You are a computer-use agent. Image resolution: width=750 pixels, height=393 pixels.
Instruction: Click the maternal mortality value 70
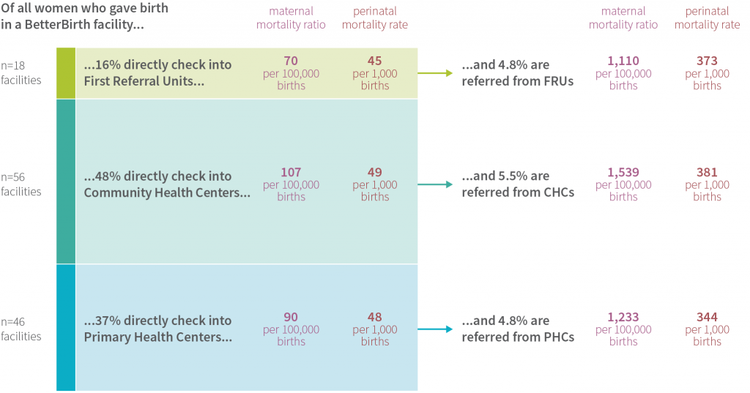[x=291, y=61]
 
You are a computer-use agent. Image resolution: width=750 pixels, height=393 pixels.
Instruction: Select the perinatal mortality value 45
[x=374, y=61]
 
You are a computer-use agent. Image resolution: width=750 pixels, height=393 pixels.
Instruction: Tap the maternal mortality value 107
[x=291, y=173]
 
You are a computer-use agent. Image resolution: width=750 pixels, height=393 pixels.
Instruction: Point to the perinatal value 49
[x=374, y=173]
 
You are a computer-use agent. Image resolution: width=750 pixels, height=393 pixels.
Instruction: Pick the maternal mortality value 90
[x=291, y=318]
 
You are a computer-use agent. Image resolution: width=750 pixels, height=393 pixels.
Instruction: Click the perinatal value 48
[x=374, y=318]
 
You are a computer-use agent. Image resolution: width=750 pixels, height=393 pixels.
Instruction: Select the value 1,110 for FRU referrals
[x=623, y=61]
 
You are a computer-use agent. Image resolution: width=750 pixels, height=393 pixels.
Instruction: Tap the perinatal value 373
[x=707, y=61]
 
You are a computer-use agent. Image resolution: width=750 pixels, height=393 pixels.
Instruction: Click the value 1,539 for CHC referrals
[x=623, y=173]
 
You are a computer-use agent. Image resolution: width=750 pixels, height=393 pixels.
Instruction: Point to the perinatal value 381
[x=707, y=173]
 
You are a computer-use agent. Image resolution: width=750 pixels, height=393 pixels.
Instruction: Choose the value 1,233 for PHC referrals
[x=623, y=318]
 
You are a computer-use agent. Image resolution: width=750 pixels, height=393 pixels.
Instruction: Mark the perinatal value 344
[x=707, y=318]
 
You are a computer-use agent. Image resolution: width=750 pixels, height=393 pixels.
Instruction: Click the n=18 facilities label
[x=21, y=72]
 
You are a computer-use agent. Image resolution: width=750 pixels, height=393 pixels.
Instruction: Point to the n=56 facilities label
[x=21, y=184]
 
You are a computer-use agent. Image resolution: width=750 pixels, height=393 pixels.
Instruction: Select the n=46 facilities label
[x=21, y=329]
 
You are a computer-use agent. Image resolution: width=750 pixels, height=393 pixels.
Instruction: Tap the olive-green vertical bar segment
[x=66, y=73]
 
